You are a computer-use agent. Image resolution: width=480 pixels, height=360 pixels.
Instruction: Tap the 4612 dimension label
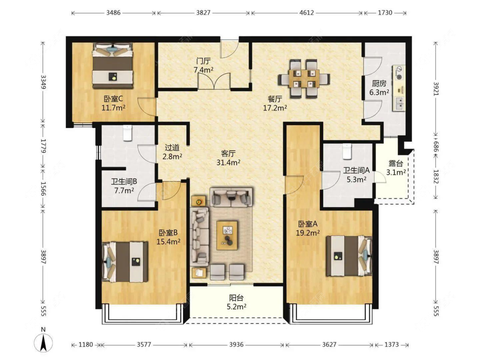click(x=306, y=12)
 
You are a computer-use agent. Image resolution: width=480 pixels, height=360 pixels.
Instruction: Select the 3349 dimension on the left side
click(x=43, y=82)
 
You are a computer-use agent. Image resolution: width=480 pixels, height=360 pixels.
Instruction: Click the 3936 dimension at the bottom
click(x=236, y=345)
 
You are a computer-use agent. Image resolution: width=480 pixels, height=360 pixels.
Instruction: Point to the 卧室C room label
click(x=113, y=99)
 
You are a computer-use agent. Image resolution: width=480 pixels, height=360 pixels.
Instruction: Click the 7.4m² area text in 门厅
click(x=203, y=70)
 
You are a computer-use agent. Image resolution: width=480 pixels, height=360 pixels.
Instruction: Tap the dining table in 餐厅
click(x=304, y=78)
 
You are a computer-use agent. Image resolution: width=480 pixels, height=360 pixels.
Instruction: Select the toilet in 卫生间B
click(x=127, y=133)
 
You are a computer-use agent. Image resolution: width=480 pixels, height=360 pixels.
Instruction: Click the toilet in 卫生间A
click(x=347, y=151)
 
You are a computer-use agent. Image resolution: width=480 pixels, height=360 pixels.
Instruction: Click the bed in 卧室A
click(x=349, y=256)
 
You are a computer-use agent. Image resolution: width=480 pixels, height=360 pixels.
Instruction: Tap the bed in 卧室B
click(x=125, y=262)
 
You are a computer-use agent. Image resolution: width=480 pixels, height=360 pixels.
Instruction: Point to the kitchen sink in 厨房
click(x=399, y=103)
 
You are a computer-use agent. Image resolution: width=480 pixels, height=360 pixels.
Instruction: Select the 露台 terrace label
click(x=396, y=163)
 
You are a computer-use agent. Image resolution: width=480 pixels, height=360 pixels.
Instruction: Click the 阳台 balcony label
click(x=236, y=298)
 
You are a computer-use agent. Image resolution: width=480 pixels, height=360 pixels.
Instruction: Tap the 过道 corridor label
click(x=172, y=148)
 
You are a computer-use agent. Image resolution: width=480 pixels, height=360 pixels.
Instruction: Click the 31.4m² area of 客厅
click(x=228, y=162)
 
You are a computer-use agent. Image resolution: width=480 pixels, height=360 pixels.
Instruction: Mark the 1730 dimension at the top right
click(x=385, y=12)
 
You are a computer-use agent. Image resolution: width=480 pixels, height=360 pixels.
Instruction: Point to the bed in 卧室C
click(x=113, y=66)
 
